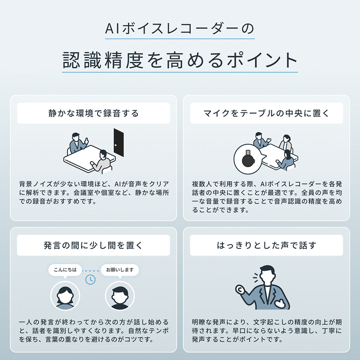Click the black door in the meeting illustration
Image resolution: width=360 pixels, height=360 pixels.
point(119,142)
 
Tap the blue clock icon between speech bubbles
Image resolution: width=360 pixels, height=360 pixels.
point(90,279)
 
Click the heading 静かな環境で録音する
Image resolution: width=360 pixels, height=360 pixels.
point(94,113)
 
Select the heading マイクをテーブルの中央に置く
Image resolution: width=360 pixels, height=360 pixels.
point(266,113)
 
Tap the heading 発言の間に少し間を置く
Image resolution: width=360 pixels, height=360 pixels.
point(93,245)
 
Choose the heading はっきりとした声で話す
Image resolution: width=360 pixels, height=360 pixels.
point(266,245)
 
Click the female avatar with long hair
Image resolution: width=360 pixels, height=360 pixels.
point(65,296)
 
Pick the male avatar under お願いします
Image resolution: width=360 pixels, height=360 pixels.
point(120,296)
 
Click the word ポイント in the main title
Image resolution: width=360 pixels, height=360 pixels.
point(262,60)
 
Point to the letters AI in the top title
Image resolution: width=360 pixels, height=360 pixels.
point(112,29)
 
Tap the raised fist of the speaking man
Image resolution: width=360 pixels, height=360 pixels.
point(240,290)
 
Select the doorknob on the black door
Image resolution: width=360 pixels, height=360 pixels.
point(116,145)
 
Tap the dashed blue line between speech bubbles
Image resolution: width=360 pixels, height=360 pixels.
point(91,271)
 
